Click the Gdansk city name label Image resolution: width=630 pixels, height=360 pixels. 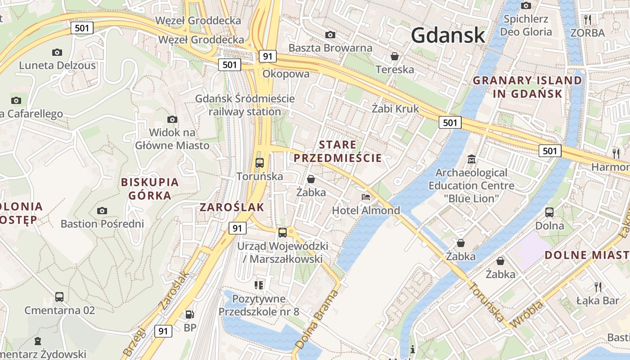448,35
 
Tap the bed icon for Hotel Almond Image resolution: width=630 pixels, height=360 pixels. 366,197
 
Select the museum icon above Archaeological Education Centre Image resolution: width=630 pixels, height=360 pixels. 471,159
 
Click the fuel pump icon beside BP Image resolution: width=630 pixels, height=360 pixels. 190,315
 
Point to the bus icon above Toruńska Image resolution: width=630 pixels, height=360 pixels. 259,163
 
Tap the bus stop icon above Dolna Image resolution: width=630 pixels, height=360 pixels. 549,212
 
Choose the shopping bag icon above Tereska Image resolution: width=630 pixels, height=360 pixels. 395,56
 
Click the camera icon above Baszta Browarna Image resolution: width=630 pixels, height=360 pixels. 330,35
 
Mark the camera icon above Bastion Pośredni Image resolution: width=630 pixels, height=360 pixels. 102,211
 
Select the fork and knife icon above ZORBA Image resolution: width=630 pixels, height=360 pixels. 587,19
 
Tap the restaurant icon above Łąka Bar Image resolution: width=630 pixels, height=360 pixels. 598,287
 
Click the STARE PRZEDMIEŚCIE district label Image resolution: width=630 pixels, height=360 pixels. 337,151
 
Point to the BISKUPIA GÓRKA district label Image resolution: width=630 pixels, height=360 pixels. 150,189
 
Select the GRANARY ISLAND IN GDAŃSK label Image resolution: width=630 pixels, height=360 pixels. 527,87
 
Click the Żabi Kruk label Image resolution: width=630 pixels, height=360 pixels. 395,108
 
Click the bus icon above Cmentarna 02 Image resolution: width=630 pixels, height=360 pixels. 59,297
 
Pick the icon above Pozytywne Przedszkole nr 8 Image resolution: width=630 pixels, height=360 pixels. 259,285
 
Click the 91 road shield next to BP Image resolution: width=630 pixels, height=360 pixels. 163,331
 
